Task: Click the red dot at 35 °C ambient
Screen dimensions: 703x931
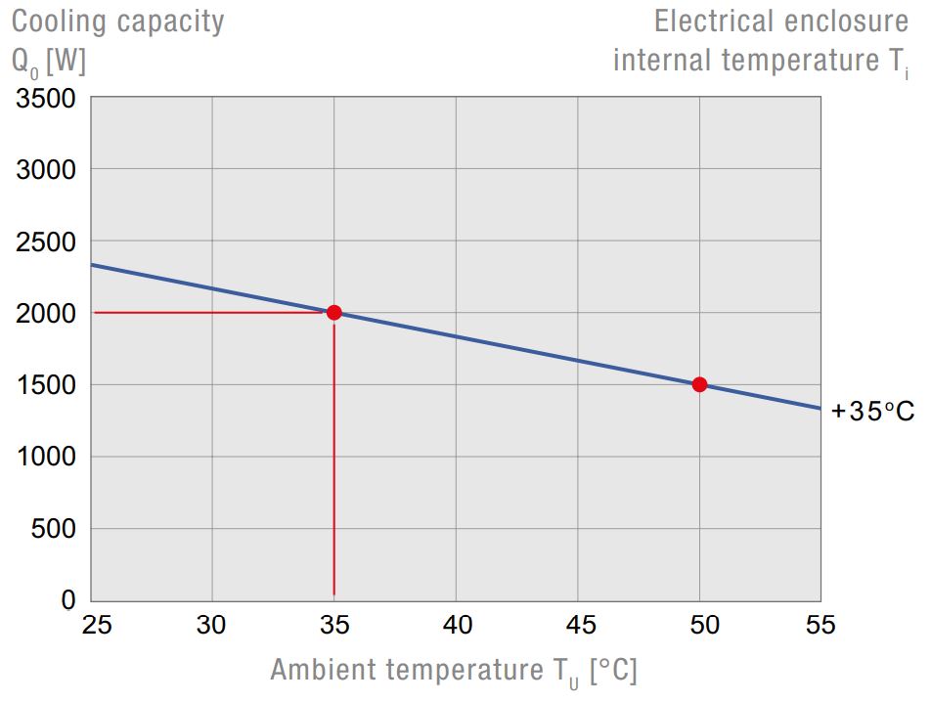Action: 334,313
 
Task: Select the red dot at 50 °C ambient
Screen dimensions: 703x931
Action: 699,384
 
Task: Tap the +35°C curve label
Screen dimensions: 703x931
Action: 872,412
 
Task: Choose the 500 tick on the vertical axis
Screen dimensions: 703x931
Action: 54,529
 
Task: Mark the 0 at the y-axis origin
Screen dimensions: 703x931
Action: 68,600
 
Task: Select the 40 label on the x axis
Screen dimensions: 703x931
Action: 457,625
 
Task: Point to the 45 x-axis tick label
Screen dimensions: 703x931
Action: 578,625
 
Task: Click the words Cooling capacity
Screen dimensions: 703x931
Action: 117,21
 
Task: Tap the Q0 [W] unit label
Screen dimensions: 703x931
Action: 49,61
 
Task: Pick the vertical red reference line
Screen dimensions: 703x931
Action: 334,460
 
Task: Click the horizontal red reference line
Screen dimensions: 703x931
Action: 210,313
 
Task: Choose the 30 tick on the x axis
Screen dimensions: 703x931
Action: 212,625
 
